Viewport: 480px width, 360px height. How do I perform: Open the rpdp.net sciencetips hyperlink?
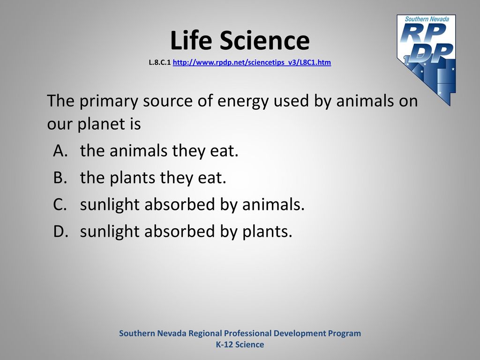[252, 62]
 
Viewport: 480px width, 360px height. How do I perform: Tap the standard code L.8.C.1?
[160, 63]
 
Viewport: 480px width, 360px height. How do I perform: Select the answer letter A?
[60, 150]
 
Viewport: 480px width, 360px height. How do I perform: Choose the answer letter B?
[60, 178]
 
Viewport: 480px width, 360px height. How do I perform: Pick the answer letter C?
[60, 204]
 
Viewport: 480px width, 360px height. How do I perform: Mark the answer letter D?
[60, 231]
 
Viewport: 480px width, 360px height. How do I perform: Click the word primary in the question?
[109, 102]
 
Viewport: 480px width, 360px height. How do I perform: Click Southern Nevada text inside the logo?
[427, 19]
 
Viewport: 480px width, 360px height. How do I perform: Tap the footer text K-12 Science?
[240, 345]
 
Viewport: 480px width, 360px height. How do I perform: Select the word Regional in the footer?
[205, 334]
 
